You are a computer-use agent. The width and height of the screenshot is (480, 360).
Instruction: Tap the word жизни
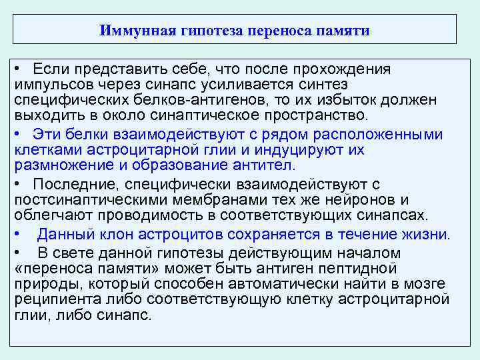425,234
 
